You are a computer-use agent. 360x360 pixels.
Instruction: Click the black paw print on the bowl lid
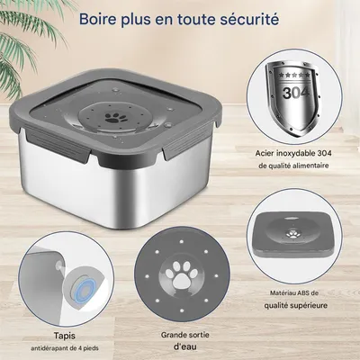pos(112,118)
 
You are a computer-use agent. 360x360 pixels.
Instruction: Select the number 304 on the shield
pos(296,93)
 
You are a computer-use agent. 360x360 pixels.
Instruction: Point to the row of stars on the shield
pos(294,74)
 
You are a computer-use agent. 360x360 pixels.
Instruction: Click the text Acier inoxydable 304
pos(293,153)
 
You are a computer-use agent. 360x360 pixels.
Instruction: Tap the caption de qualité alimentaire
pos(293,166)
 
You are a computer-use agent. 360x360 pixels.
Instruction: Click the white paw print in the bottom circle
pos(182,274)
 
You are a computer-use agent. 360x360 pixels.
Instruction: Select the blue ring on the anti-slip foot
pos(85,291)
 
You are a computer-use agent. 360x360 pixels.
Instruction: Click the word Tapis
pos(65,336)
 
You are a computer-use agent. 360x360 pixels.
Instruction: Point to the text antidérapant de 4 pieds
pos(65,348)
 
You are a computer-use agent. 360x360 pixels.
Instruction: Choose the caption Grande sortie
pos(185,335)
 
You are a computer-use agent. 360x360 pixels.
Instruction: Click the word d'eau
pos(185,346)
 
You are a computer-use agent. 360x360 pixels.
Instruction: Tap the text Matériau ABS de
pos(294,293)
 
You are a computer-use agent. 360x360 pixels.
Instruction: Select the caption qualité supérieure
pos(295,306)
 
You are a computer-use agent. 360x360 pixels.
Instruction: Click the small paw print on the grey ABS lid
pos(292,233)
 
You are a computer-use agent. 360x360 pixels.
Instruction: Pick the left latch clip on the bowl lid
pos(57,145)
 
